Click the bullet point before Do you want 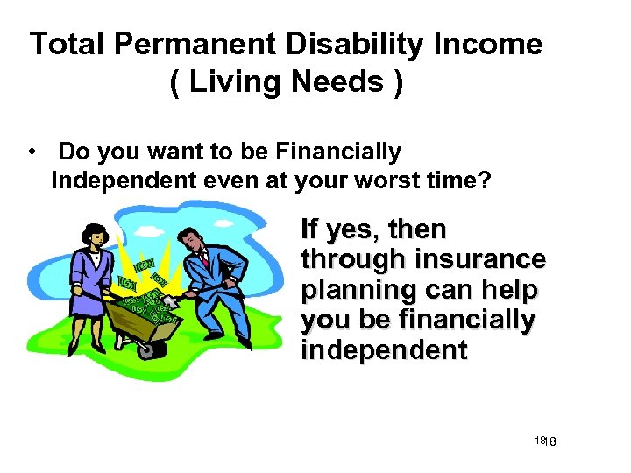coord(32,152)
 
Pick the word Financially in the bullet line coord(337,152)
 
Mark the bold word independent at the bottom coord(384,350)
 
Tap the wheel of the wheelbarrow coord(150,349)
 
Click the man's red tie coord(205,259)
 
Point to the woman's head coord(92,235)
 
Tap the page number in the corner coord(550,441)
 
